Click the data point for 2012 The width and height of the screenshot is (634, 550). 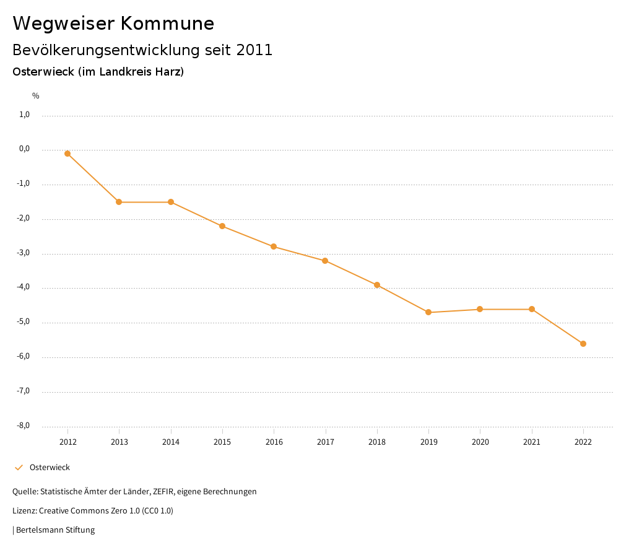point(67,154)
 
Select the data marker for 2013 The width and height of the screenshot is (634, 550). point(119,202)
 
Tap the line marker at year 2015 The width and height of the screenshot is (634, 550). point(222,226)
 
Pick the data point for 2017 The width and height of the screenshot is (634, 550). point(325,261)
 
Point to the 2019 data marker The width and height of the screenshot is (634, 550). point(428,312)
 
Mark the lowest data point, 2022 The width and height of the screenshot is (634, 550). point(583,344)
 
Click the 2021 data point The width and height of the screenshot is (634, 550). point(532,309)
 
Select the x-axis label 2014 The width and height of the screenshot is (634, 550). point(171,442)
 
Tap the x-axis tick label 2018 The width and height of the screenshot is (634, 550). point(377,442)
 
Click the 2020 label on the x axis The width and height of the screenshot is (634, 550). point(480,442)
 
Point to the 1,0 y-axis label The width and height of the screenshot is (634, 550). point(25,115)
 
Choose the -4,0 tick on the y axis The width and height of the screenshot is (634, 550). point(24,287)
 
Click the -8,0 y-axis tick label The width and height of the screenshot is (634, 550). point(24,426)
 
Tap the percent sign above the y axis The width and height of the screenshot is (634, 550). point(36,96)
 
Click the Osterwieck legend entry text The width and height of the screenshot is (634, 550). point(50,468)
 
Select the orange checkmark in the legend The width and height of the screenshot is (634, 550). point(19,468)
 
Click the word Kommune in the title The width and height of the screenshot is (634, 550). point(167,24)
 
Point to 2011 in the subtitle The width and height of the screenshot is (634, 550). point(254,50)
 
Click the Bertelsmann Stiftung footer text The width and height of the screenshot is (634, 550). point(55,530)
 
